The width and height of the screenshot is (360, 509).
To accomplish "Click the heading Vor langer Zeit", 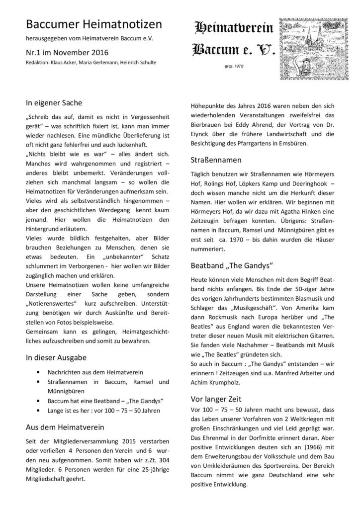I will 216,399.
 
